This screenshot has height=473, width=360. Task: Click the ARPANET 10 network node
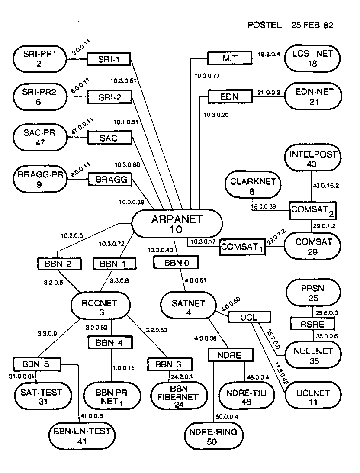pos(177,224)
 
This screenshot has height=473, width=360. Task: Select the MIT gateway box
pos(229,58)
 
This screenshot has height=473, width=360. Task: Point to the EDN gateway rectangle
pos(229,97)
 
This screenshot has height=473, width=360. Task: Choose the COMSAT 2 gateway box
pos(312,211)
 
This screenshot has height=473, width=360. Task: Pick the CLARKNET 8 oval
pos(253,186)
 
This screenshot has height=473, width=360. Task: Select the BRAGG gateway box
pos(109,179)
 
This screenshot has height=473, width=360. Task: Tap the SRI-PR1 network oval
pos(40,58)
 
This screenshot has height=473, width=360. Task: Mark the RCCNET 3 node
pos(100,306)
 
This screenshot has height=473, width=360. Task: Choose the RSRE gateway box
pos(312,323)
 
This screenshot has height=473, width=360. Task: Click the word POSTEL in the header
pos(264,25)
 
